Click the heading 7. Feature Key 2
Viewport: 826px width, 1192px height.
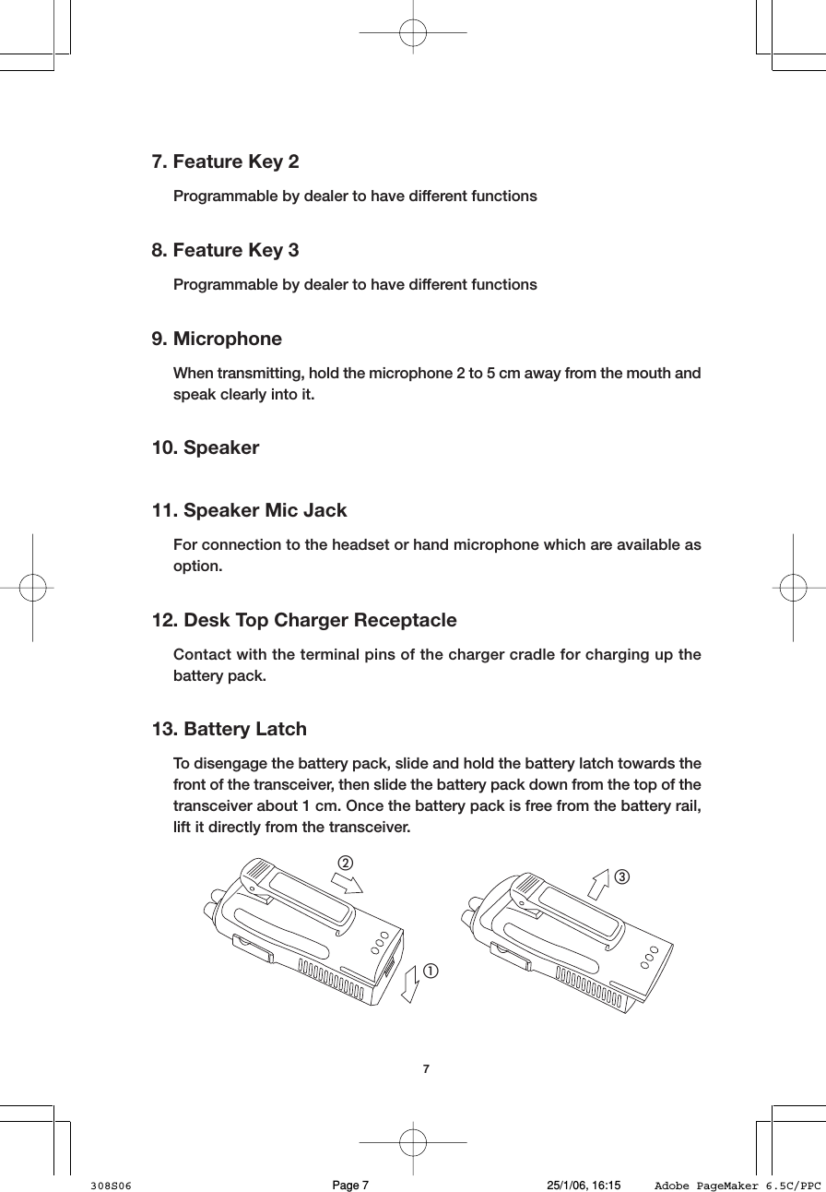tap(225, 162)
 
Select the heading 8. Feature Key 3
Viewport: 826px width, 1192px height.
tap(225, 250)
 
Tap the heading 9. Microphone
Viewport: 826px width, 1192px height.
tap(217, 339)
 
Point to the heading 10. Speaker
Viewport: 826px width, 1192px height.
tap(205, 448)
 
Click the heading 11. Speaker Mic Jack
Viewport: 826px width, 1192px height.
tap(249, 510)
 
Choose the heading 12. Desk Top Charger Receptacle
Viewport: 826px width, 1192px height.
tap(303, 620)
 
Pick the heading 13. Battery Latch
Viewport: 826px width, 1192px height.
tap(229, 729)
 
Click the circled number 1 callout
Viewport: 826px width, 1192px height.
tap(431, 971)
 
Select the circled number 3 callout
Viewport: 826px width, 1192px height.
tap(623, 875)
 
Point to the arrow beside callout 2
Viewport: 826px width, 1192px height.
tap(348, 884)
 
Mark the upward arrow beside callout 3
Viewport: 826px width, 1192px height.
tap(599, 883)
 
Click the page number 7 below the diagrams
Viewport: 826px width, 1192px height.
tap(425, 1069)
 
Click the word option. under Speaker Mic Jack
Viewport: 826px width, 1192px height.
tap(197, 566)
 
